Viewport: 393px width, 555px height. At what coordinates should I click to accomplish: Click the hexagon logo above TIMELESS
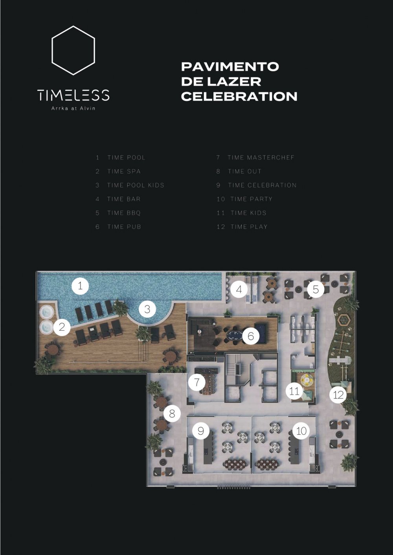(x=52, y=51)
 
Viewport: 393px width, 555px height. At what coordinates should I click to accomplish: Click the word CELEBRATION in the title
(x=239, y=96)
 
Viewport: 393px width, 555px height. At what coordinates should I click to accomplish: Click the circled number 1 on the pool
(x=80, y=286)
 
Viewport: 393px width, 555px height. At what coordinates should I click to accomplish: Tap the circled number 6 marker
(x=251, y=336)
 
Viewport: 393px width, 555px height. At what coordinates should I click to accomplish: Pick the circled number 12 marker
(x=338, y=395)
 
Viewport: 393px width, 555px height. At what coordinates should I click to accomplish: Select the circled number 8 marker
(x=172, y=413)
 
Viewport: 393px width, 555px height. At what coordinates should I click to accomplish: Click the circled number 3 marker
(x=147, y=309)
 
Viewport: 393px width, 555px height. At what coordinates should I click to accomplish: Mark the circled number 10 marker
(x=301, y=431)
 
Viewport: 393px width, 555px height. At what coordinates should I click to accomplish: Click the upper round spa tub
(x=47, y=312)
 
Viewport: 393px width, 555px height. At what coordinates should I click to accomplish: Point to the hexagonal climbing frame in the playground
(x=343, y=321)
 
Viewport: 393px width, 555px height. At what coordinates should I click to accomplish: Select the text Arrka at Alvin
(x=73, y=108)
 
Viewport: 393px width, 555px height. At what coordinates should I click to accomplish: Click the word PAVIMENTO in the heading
(x=230, y=67)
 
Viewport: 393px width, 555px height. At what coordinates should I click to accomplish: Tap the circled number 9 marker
(x=200, y=431)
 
